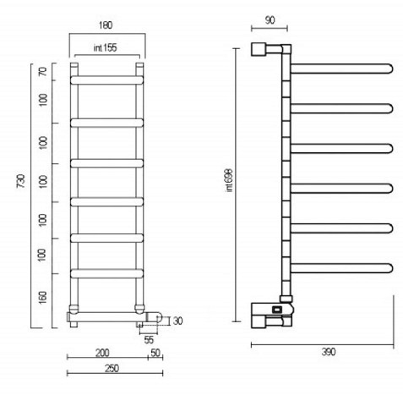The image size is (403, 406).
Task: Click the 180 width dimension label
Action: pos(106,25)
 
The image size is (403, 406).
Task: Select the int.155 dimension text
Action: pos(105,47)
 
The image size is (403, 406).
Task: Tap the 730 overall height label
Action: pos(21,181)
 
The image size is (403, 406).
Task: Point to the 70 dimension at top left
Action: pos(43,72)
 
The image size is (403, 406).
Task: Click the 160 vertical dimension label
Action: pos(42,298)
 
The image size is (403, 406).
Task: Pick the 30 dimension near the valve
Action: pos(177,321)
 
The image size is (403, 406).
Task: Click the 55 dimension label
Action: pos(149,340)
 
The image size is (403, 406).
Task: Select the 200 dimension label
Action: pos(102,353)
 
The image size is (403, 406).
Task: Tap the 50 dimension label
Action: pos(155,353)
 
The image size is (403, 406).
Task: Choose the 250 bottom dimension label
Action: pos(112,368)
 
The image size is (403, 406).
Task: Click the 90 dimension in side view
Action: pos(270,20)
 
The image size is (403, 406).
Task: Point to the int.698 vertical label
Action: pos(229,180)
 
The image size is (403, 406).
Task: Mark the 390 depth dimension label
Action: pos(329,352)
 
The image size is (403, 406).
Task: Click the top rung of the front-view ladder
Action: pos(107,80)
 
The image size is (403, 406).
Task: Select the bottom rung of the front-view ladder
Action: pos(107,273)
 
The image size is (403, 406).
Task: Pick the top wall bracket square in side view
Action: pos(259,49)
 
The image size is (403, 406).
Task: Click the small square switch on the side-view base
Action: pos(276,310)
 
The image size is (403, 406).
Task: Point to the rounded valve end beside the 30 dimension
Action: pos(158,317)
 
